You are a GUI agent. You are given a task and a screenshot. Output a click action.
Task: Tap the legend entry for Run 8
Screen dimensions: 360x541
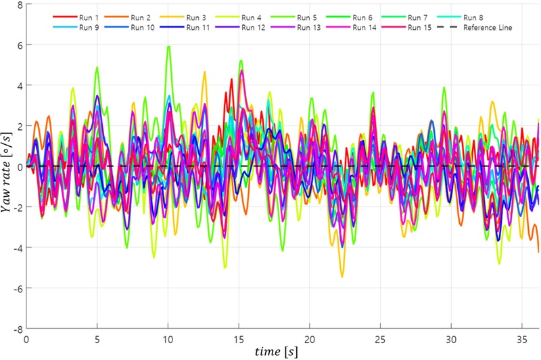475,16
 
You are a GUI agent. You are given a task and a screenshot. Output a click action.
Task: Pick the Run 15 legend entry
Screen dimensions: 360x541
423,27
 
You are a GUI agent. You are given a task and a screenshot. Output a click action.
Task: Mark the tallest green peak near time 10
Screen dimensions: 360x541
168,46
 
